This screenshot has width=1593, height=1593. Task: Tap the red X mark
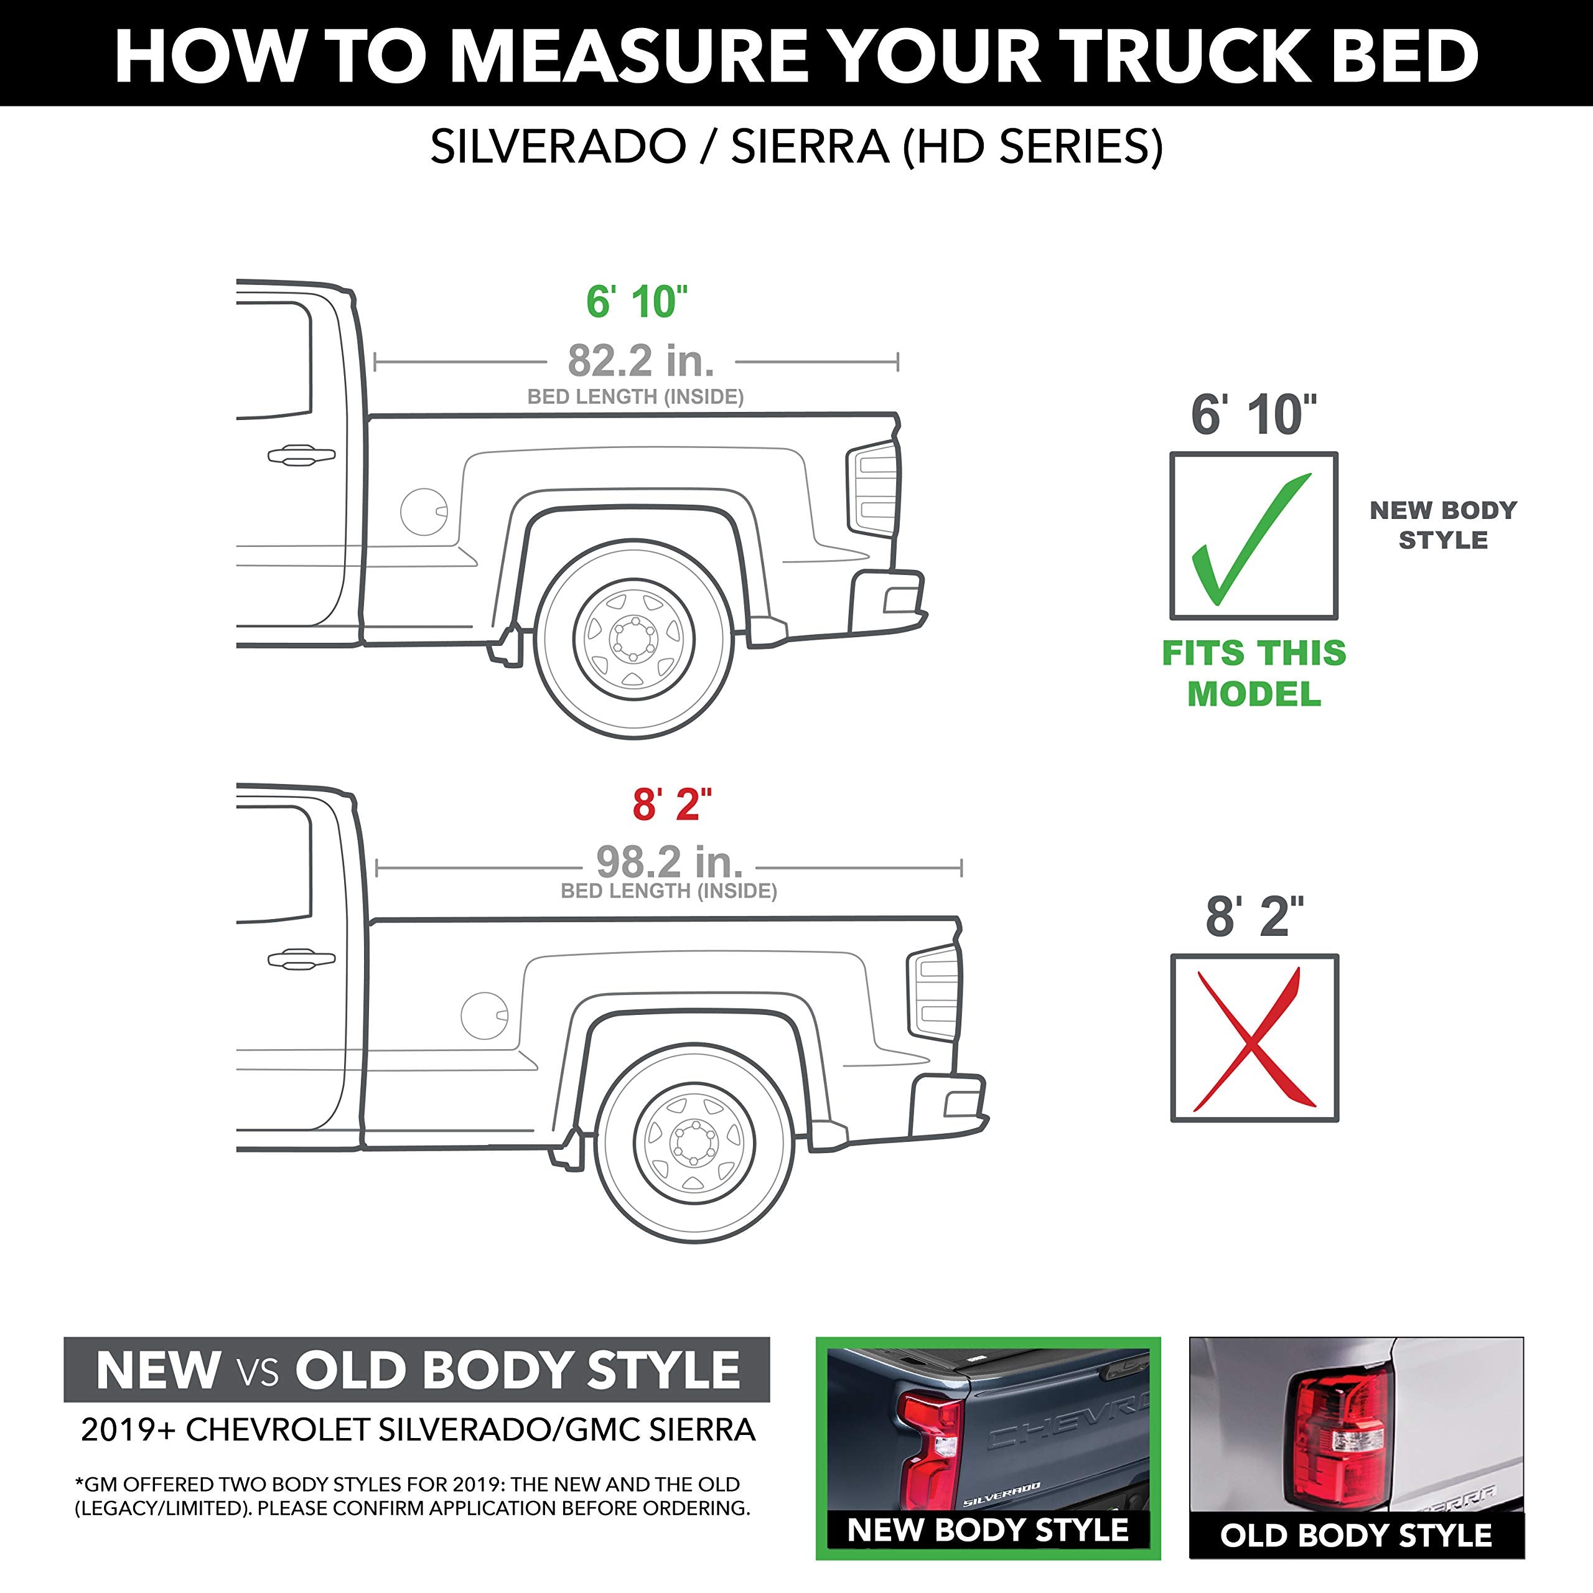pos(1253,1039)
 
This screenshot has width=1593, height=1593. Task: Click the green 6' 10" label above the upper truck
pos(637,302)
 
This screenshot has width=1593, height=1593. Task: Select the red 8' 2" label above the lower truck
pos(671,805)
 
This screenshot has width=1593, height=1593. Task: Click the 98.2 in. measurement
pos(669,862)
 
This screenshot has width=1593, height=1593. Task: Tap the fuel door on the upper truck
pos(423,512)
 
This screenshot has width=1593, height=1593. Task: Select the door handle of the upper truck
pos(301,455)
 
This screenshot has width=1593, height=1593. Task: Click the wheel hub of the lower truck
pos(694,1142)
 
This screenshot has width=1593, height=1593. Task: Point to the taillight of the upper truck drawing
pos(874,490)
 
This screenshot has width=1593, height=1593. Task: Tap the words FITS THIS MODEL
pos(1253,673)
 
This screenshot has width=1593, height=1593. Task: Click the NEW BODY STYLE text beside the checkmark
pos(1443,525)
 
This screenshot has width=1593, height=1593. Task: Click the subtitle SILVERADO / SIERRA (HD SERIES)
pos(796,147)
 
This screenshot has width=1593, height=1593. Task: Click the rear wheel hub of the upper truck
pos(633,639)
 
